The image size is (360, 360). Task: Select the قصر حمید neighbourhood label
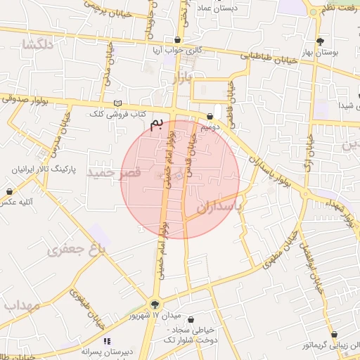pos(114,172)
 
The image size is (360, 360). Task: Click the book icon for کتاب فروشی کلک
pos(117,103)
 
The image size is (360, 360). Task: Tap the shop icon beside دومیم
pos(210,117)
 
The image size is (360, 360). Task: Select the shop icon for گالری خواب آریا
pos(177,40)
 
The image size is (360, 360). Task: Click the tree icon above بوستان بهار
pos(321,41)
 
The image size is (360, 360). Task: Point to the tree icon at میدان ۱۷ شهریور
pos(155,304)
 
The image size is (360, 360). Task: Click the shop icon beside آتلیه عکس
pos(9,191)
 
